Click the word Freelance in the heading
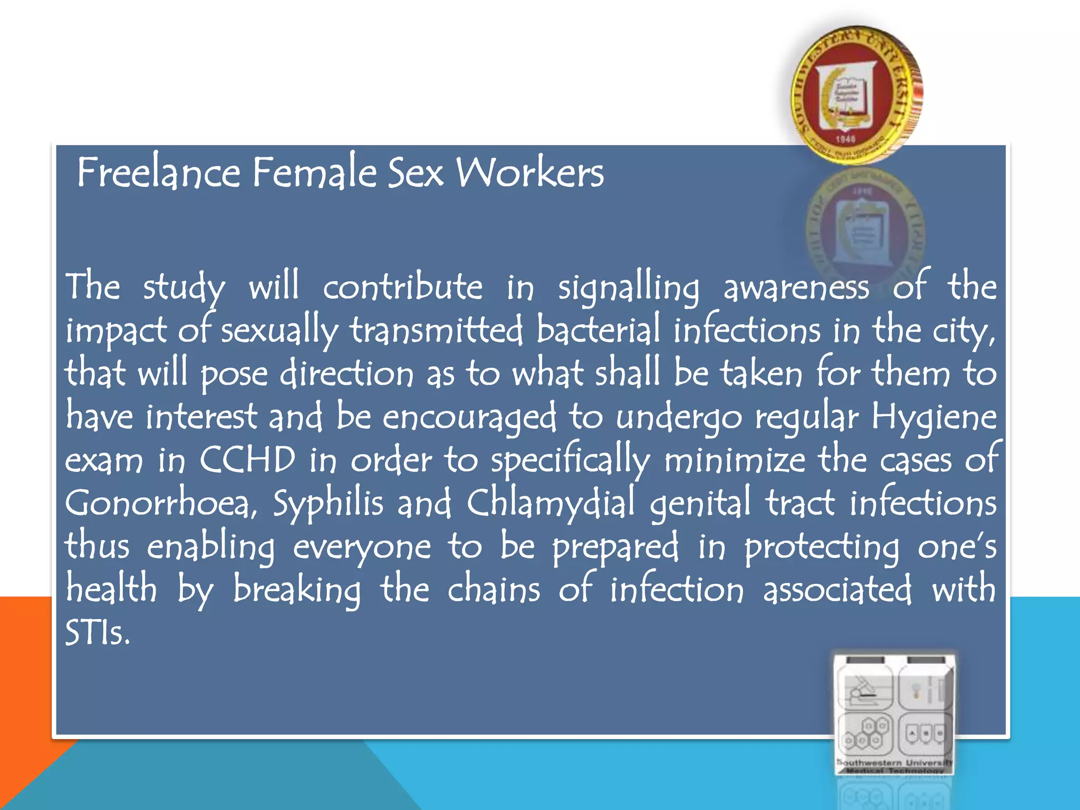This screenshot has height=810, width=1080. point(159,172)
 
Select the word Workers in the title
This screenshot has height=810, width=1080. point(530,172)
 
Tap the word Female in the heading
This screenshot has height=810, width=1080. point(314,172)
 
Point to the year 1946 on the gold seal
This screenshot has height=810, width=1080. point(845,139)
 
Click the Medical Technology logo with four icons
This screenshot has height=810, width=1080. point(895,715)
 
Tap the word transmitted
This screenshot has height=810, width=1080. point(437,331)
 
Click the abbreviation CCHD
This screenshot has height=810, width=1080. point(247,460)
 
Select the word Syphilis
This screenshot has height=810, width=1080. point(327,504)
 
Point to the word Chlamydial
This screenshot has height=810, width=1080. point(551,504)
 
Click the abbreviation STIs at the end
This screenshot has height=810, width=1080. point(97,633)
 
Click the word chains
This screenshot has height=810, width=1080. point(494,590)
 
